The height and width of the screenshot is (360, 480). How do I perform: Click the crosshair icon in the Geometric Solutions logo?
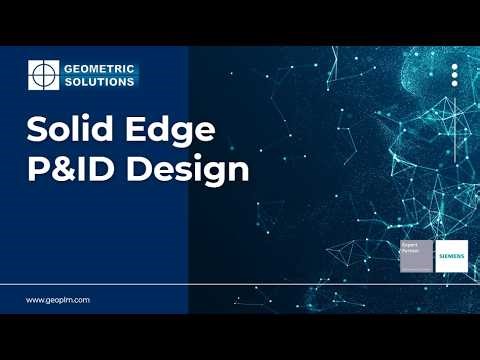click(43, 75)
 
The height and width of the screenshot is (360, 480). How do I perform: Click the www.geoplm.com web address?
click(58, 299)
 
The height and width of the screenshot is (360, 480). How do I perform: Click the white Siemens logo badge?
click(452, 256)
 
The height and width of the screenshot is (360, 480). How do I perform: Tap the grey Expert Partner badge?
click(416, 256)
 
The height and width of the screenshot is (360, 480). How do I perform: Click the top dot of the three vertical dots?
click(454, 68)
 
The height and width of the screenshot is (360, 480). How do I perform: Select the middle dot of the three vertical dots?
click(454, 77)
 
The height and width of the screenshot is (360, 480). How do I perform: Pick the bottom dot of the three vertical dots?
click(454, 86)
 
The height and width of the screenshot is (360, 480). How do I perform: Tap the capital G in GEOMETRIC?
click(69, 68)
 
